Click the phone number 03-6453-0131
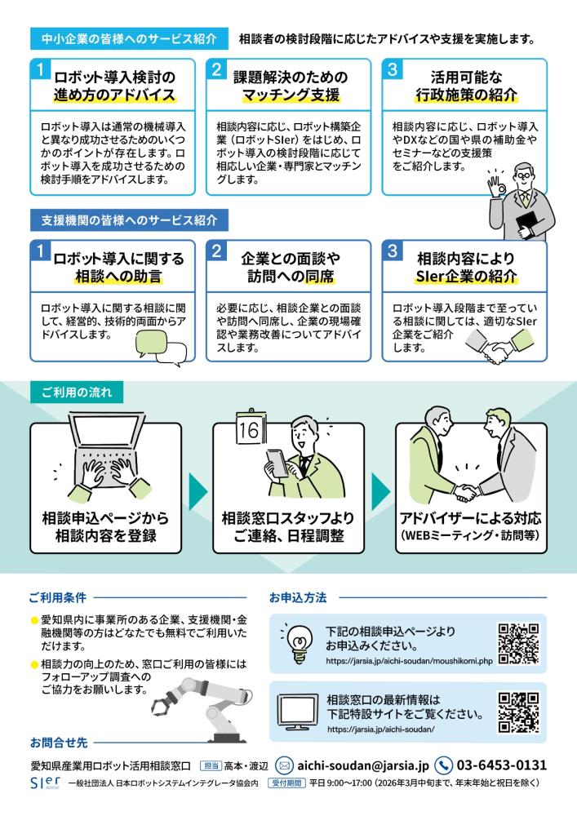(x=502, y=765)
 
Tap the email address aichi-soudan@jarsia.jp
(x=363, y=765)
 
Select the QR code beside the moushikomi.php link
(x=518, y=643)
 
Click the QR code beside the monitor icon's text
(x=518, y=712)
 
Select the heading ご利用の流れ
(x=77, y=392)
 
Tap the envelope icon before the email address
(x=284, y=765)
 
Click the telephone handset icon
(x=443, y=765)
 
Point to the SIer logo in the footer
(x=45, y=783)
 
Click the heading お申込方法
(x=298, y=597)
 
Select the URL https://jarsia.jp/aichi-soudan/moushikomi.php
(x=409, y=661)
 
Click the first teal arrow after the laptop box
(x=198, y=491)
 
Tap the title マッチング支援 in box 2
(x=291, y=95)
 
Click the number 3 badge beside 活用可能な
(x=393, y=69)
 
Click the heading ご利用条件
(x=58, y=597)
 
